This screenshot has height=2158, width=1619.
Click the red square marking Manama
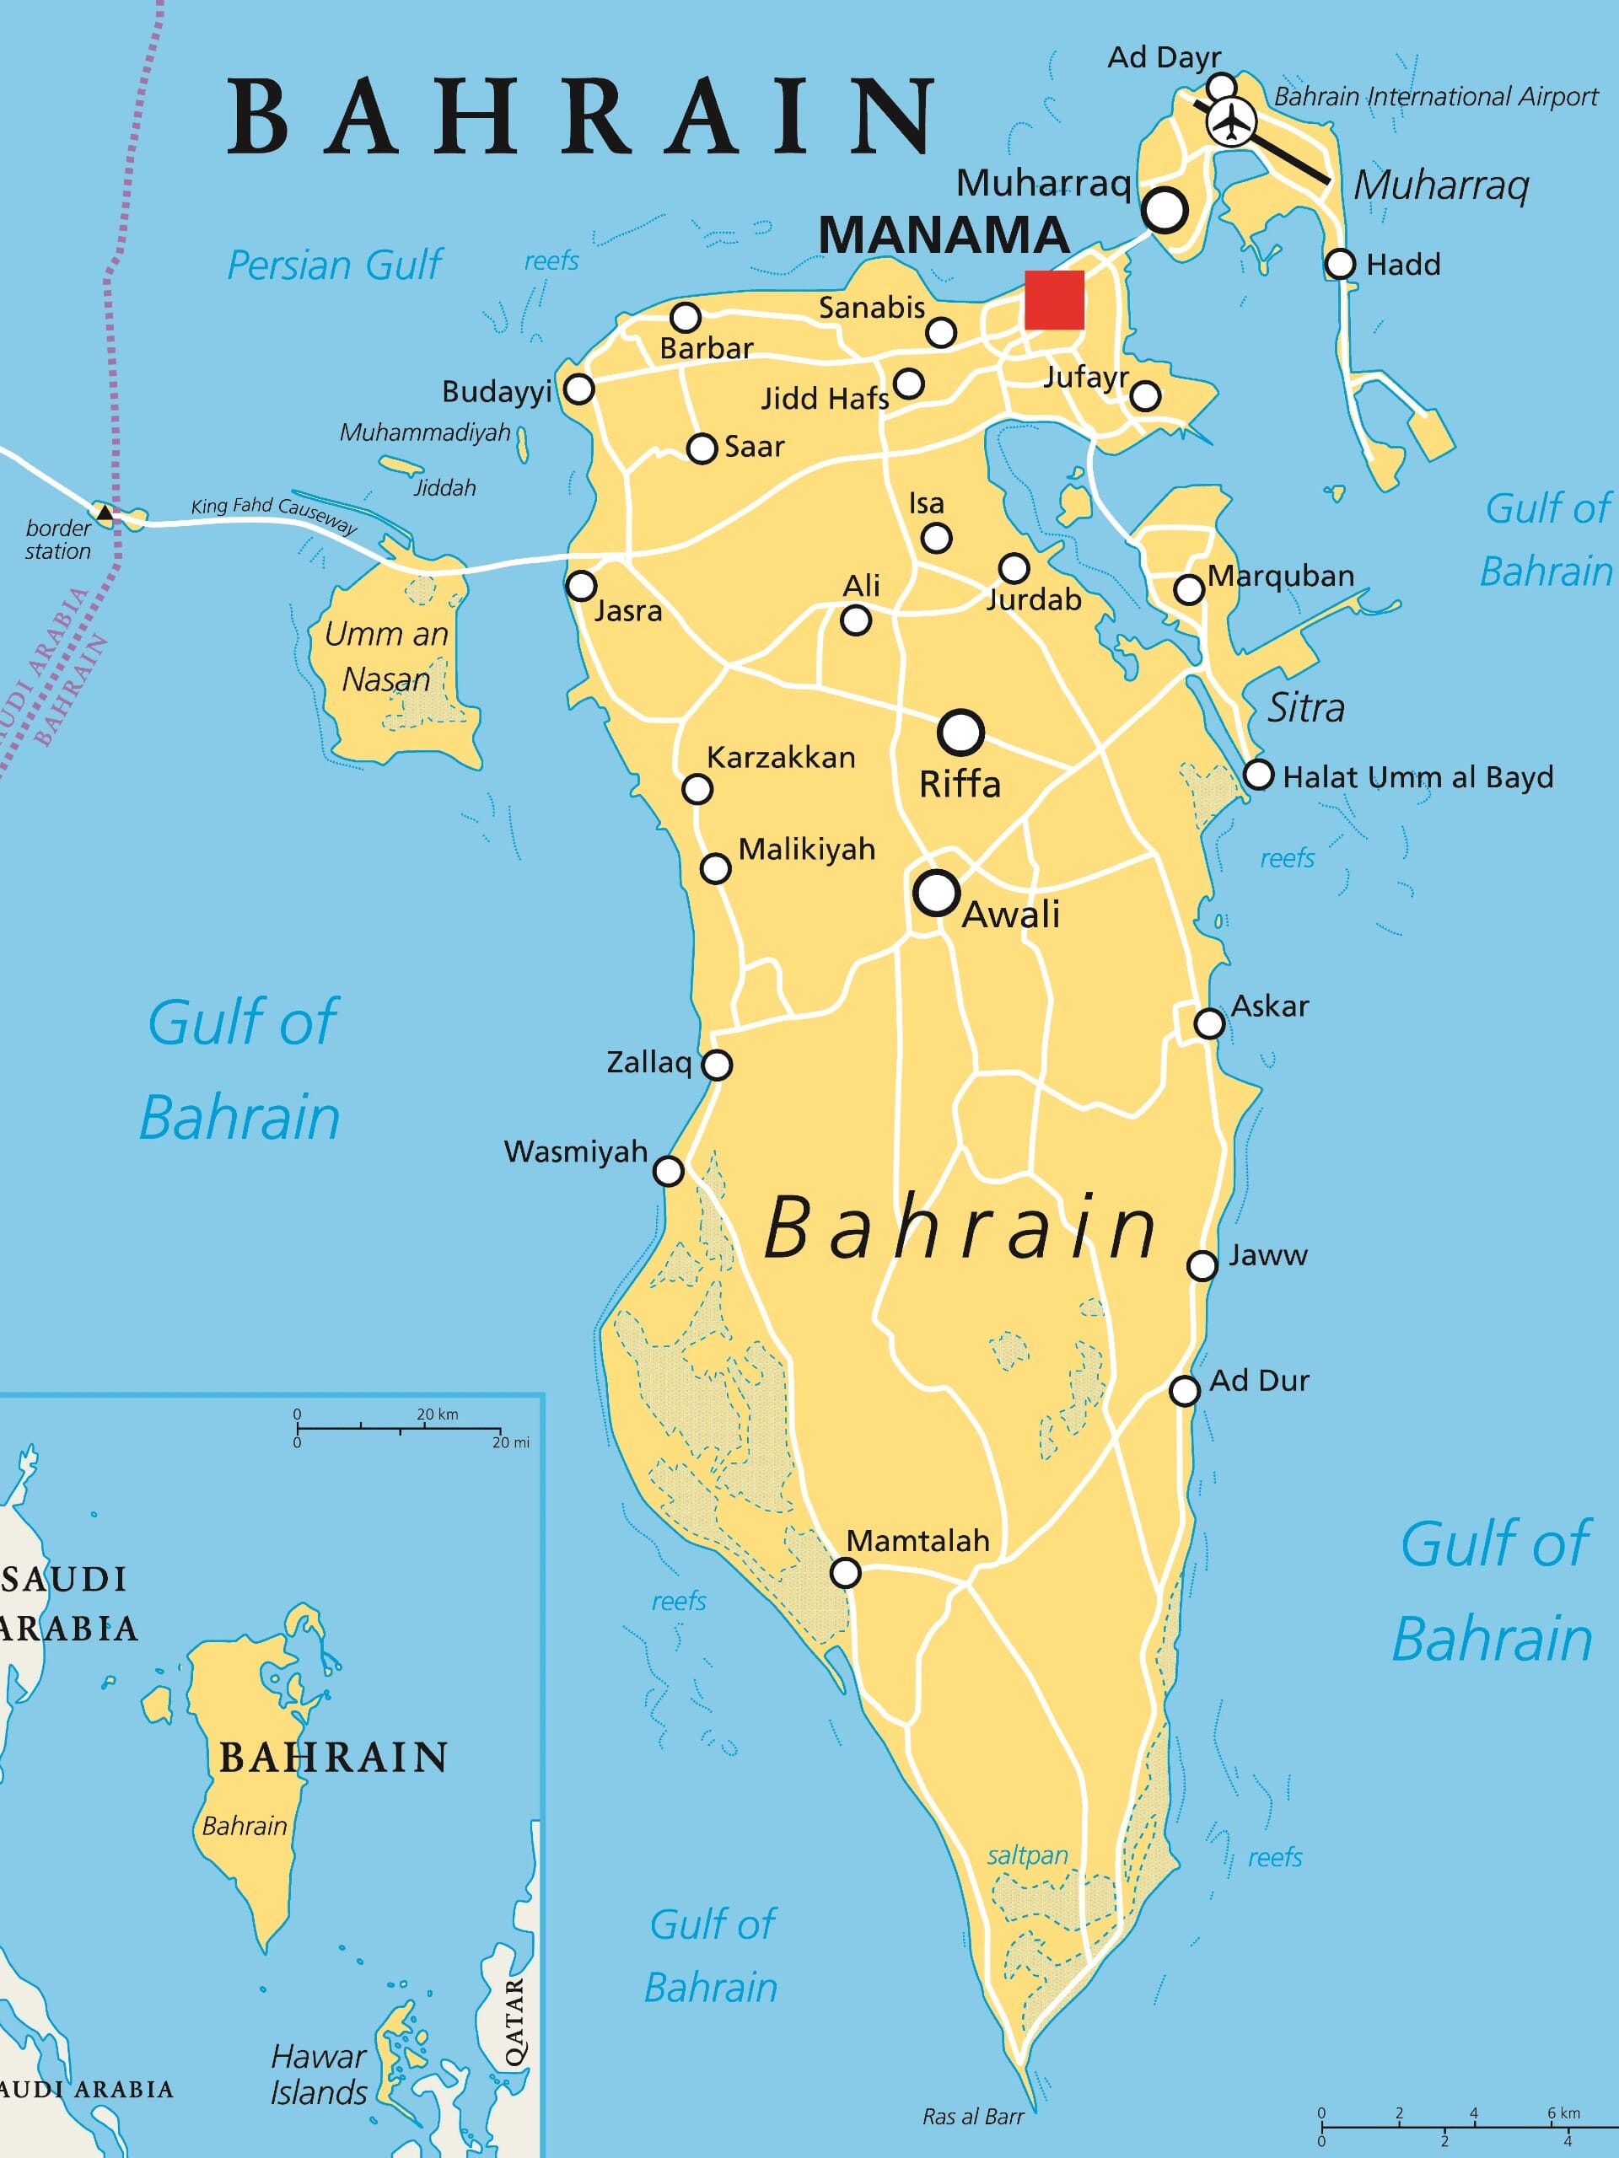coord(1054,299)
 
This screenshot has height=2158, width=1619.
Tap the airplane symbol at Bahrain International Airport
coord(1233,121)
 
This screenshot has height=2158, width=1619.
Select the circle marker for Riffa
coord(960,733)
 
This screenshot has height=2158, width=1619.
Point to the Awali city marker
coord(937,892)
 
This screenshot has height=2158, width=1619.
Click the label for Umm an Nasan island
coord(386,656)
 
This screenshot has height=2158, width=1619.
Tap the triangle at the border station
coord(105,511)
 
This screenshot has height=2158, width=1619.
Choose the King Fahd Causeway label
coord(274,513)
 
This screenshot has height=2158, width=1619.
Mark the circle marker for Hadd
coord(1340,263)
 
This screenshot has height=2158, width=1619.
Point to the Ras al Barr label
coord(973,2116)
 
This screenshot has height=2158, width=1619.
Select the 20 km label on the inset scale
coord(436,1414)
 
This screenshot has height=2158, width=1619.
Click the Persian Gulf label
coord(334,265)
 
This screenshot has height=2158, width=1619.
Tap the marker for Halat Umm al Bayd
coord(1259,775)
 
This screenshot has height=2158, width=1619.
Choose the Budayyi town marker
coord(579,389)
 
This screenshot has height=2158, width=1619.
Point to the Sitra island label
coord(1304,707)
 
